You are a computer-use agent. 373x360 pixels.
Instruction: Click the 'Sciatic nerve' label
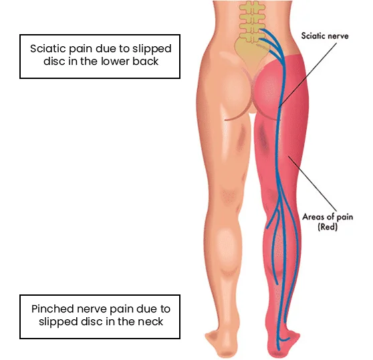point(325,36)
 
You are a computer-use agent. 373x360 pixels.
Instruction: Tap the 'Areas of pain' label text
point(328,217)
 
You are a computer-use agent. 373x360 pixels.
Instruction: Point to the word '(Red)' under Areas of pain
point(328,227)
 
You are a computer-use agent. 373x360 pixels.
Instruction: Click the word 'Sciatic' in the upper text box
point(47,49)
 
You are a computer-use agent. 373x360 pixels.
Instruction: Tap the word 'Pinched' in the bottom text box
point(53,308)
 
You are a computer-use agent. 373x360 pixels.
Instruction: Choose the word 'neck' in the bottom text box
point(150,321)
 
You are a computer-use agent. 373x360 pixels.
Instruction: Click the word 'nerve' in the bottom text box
point(90,310)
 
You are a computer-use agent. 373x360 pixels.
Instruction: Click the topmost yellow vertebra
point(252,7)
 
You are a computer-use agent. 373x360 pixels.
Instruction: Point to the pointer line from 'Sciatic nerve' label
point(307,75)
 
